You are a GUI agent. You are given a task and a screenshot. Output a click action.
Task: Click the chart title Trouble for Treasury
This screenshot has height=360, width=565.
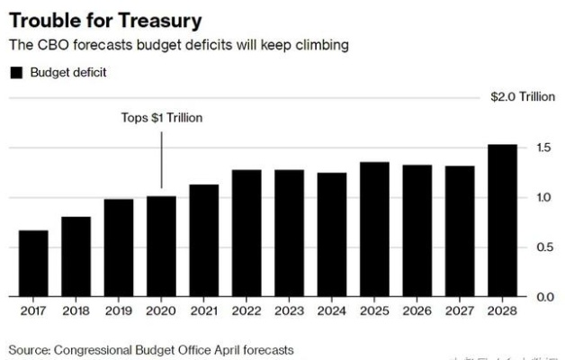click(105, 19)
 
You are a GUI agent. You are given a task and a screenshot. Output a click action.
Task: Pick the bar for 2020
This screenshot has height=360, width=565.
click(161, 246)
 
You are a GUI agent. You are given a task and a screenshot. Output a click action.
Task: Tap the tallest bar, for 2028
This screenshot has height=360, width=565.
click(502, 220)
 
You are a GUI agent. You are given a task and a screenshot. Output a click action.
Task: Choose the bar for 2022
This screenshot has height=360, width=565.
click(246, 232)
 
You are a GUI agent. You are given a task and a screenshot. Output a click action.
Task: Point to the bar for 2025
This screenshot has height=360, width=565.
click(374, 229)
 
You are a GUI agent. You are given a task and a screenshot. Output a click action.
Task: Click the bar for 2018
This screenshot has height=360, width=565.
click(76, 256)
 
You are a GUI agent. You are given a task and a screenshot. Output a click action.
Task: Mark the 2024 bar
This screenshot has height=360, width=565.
click(331, 234)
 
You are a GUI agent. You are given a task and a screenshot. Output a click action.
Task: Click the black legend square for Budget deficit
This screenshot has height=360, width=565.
click(15, 73)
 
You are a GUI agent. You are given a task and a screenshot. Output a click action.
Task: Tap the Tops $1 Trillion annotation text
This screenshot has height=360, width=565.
click(162, 118)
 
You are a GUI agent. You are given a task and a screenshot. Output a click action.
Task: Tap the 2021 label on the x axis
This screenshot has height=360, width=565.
click(203, 311)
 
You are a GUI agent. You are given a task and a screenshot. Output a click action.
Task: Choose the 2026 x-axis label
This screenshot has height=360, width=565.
click(417, 311)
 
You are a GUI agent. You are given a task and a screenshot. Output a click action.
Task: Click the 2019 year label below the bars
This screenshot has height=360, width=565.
click(118, 311)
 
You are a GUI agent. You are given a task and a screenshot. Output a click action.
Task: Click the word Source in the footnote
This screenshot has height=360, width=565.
click(29, 348)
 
